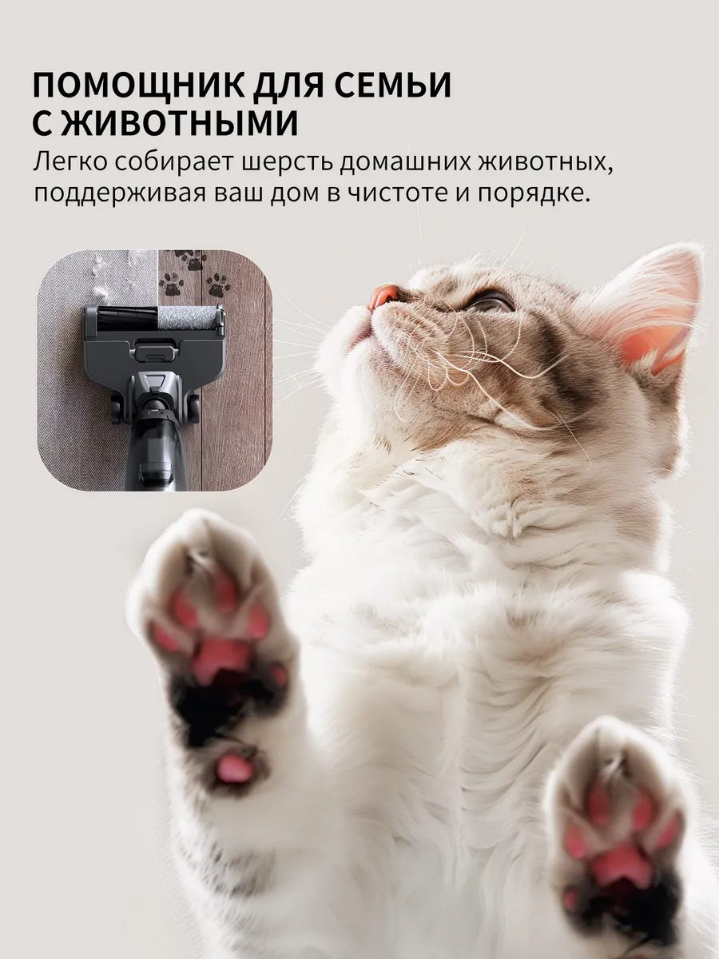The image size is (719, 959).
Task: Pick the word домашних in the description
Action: point(406,163)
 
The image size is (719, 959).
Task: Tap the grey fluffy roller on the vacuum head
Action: point(187,317)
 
